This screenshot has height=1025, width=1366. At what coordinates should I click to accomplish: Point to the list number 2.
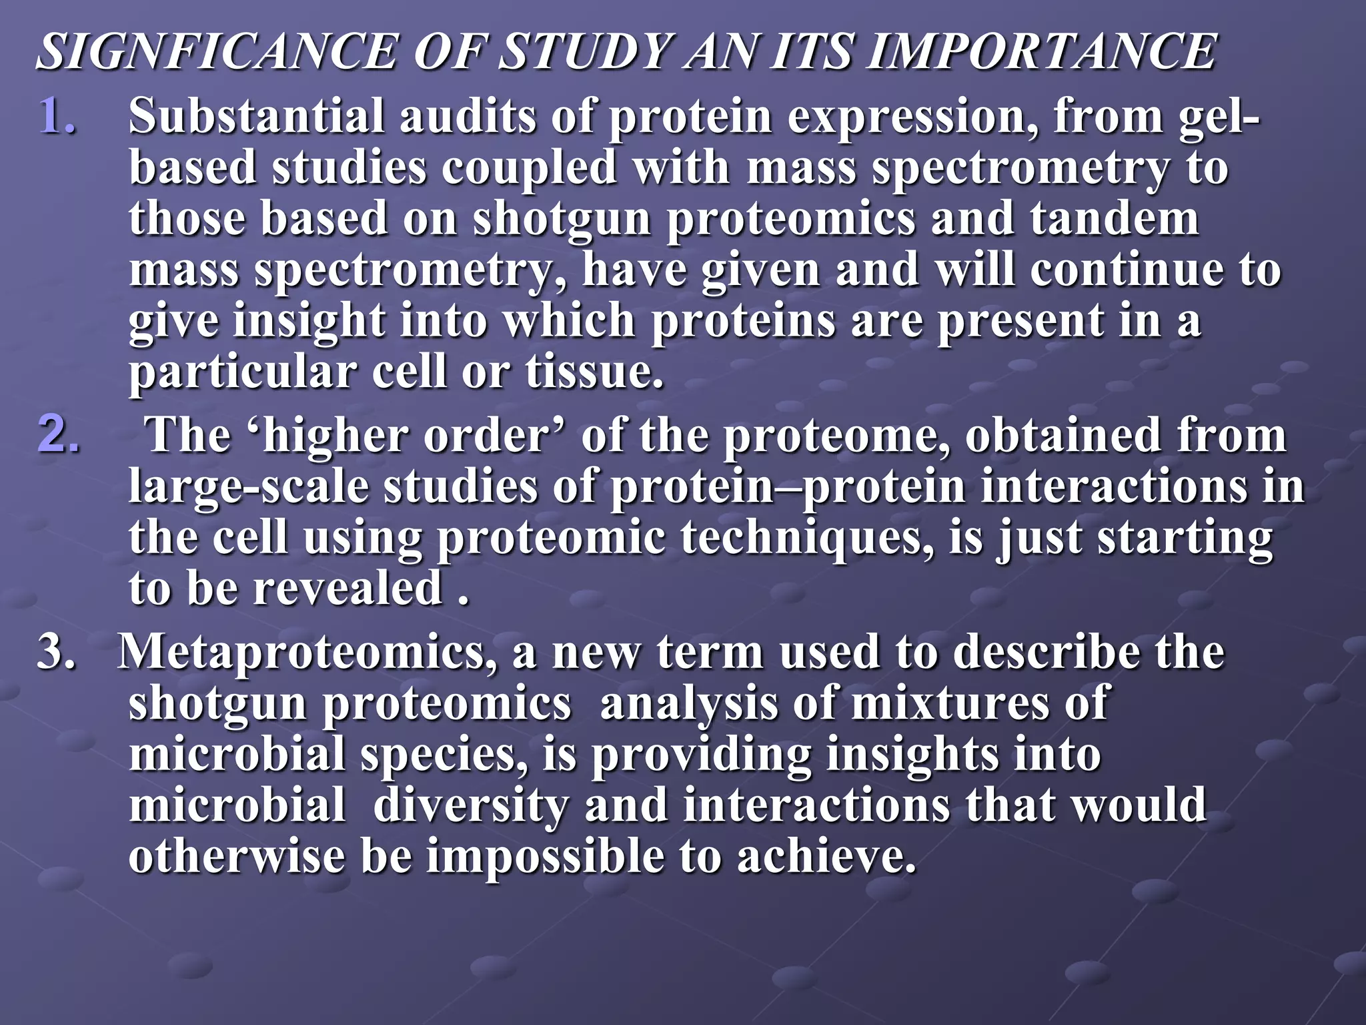point(57,434)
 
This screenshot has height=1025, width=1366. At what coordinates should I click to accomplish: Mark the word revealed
point(348,589)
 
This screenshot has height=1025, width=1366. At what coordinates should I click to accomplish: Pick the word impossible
point(546,856)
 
